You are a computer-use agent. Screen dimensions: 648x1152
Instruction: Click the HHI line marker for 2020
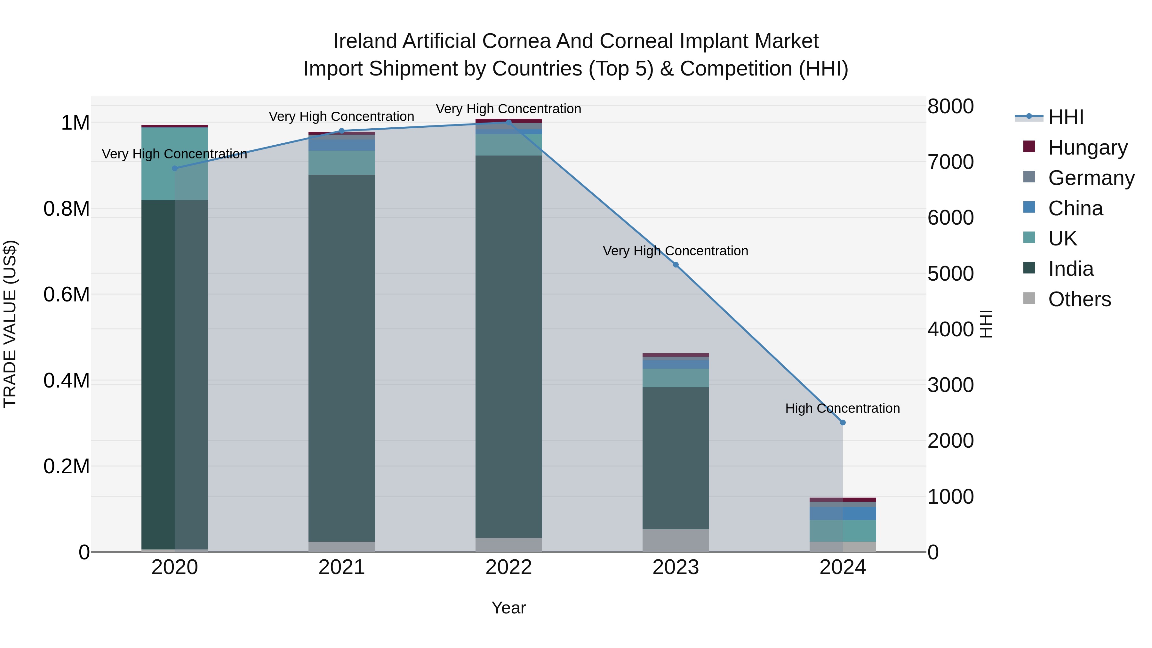point(175,168)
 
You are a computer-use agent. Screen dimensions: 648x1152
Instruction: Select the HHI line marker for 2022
point(508,122)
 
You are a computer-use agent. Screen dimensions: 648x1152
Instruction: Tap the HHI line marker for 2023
point(676,265)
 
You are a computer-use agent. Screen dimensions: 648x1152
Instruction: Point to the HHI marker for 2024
point(843,423)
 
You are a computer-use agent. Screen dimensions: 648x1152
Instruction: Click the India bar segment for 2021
point(342,358)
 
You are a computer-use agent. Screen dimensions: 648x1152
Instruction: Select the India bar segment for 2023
point(676,458)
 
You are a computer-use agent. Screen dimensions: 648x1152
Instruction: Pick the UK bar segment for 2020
point(175,163)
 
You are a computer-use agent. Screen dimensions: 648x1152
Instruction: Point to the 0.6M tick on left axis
point(66,295)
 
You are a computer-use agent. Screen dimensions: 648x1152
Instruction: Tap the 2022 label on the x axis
point(508,567)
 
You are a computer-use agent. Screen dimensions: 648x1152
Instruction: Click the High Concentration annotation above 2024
point(843,408)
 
